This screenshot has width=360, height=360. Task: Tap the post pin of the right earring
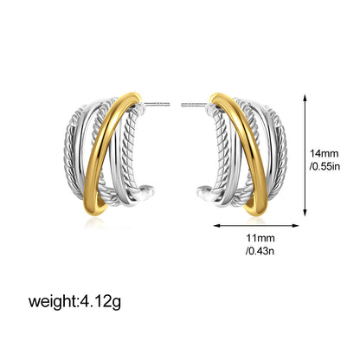click(195, 105)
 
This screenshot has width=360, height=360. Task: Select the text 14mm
click(324, 153)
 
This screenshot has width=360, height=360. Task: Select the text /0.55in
click(325, 166)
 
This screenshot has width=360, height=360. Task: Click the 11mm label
click(260, 238)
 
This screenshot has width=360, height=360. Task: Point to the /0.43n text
click(260, 251)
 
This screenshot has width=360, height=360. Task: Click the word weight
click(52, 301)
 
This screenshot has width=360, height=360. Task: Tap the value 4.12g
click(100, 301)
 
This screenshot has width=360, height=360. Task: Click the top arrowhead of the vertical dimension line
click(305, 97)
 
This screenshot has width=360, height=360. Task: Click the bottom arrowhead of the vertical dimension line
click(305, 213)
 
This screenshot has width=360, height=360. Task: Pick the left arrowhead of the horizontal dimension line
click(216, 225)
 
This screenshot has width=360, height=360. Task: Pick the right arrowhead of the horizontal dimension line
click(295, 225)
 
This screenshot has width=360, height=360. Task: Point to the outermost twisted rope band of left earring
click(67, 153)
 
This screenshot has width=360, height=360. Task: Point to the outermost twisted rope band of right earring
click(283, 153)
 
